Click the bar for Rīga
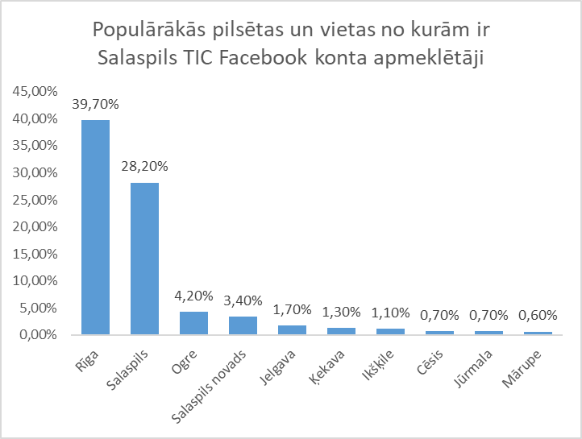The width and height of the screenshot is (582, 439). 95,227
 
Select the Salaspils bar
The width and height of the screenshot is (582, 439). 144,258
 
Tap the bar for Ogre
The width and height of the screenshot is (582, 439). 193,323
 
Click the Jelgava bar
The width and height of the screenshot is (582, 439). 292,329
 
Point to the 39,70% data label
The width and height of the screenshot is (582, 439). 95,104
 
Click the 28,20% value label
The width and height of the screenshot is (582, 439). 144,167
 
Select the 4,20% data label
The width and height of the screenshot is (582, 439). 193,296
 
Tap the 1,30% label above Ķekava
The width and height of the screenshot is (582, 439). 341,312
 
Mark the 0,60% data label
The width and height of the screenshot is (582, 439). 537,315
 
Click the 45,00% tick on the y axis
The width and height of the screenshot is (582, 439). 35,91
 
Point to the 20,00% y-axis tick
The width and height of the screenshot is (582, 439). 35,226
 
